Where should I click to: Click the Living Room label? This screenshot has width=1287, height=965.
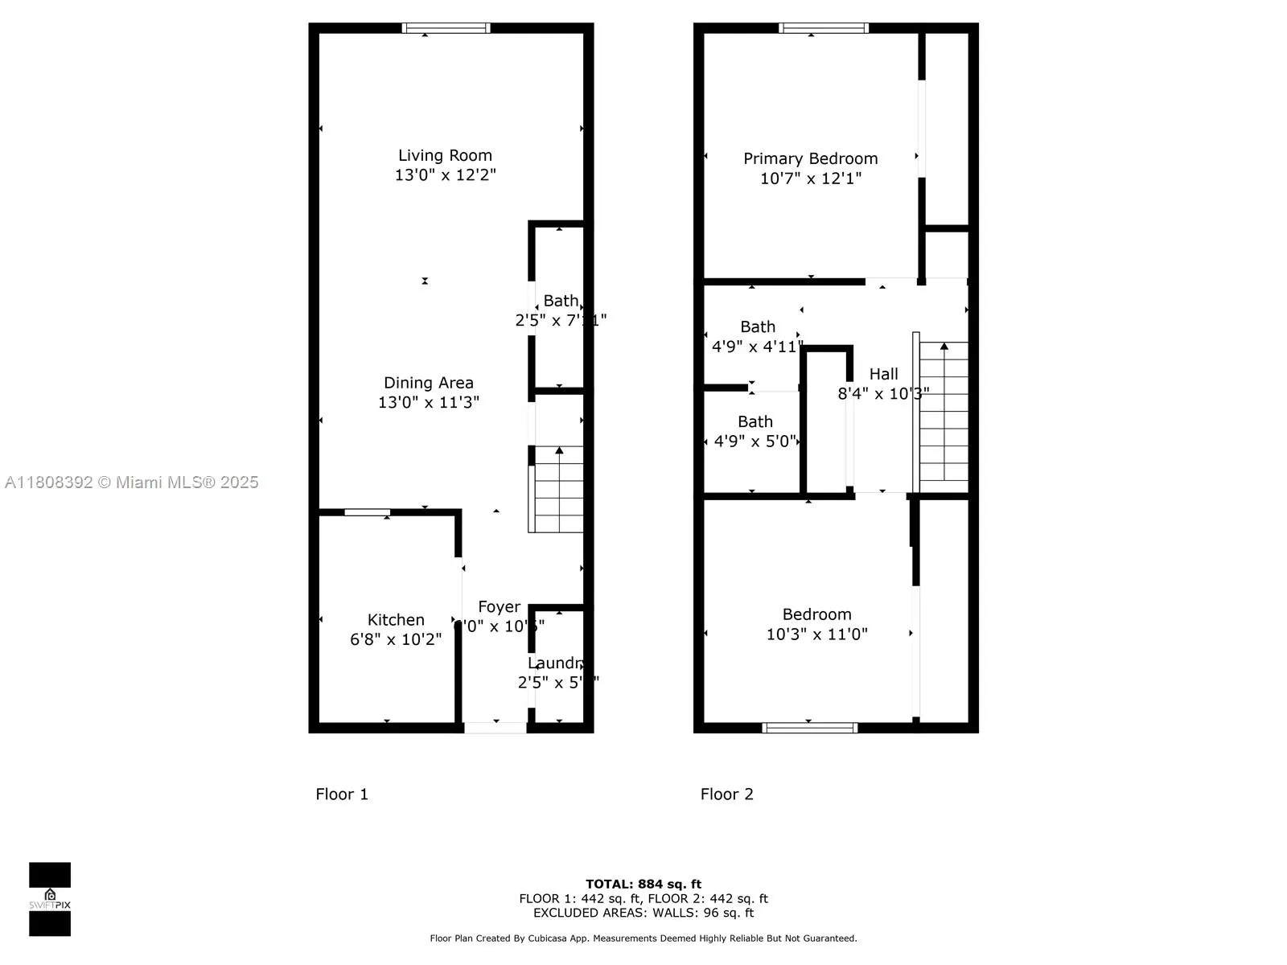445,155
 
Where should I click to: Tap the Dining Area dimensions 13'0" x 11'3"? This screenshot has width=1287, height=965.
429,402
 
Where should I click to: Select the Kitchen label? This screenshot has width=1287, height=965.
396,620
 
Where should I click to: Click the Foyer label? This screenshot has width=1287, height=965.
499,607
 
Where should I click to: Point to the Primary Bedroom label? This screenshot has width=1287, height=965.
810,158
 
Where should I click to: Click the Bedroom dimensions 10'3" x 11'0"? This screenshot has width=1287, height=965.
816,634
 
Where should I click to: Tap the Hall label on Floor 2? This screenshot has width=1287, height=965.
883,374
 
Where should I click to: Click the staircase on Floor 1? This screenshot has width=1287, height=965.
557,491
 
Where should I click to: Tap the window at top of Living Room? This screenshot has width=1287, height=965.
446,28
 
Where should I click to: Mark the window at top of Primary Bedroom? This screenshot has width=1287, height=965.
824,28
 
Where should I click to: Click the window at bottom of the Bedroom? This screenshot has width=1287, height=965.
810,728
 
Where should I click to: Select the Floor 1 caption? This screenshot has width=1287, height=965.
342,795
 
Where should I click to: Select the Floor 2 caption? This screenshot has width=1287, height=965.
726,795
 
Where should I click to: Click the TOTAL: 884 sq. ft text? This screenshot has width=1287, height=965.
643,884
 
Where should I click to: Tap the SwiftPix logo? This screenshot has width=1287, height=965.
50,899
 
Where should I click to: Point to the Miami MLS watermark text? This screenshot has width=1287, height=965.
132,482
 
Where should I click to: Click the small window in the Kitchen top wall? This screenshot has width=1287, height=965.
368,512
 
